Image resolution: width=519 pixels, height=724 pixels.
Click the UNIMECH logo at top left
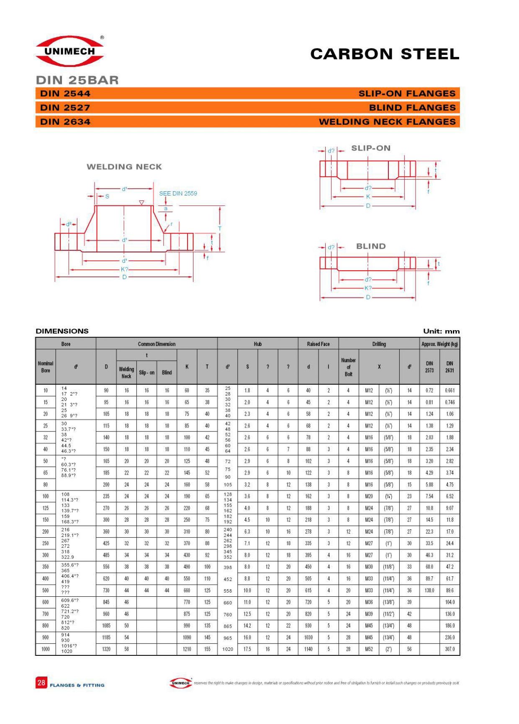point(70,51)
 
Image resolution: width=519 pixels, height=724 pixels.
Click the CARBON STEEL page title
point(385,54)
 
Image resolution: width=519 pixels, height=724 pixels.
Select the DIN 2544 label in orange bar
point(65,94)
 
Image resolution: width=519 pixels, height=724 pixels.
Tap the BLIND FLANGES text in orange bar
point(412,108)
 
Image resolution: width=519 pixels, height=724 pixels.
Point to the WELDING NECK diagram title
point(124,167)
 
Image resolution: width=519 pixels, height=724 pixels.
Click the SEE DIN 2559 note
point(178,193)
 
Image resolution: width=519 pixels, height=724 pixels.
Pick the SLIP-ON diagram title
point(371,148)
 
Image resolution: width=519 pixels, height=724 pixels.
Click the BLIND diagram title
point(371,246)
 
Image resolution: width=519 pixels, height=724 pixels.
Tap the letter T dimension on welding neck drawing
point(220,228)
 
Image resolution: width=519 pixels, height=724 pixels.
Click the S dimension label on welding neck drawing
point(107,196)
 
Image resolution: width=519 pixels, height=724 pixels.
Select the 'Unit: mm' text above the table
point(441,331)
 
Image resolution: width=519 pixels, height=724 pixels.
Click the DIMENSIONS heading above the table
point(62,331)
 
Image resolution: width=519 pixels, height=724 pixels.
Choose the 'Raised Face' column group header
point(318,344)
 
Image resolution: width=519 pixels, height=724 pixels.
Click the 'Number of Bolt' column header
point(348,367)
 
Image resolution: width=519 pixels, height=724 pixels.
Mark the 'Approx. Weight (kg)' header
point(439,344)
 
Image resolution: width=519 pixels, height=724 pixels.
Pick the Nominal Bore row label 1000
point(46,649)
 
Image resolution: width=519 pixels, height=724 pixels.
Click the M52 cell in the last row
point(369,649)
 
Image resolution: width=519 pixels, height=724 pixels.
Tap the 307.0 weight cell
point(450,649)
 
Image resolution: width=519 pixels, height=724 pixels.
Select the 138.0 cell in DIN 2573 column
point(429,590)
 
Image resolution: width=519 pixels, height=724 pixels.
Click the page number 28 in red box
point(41,683)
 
